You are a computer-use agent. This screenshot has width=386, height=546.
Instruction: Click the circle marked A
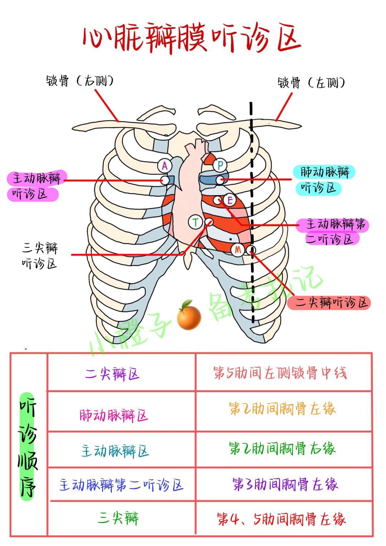coord(165,166)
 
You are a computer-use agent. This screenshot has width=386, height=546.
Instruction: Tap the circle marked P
coord(220,166)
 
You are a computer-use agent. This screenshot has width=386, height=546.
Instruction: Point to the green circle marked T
coord(196,222)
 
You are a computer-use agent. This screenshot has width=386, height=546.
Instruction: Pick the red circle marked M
coord(238,250)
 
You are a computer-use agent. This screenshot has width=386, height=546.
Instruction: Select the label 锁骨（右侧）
coord(80,81)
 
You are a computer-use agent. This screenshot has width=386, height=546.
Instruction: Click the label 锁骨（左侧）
coord(311,83)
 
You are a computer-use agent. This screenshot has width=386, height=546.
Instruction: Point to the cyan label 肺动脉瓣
coord(325,172)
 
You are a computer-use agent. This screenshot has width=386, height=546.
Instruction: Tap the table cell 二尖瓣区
coord(112,374)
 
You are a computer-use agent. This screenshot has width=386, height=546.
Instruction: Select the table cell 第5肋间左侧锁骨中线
coord(280,373)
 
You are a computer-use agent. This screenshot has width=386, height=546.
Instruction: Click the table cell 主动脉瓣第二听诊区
coord(121,484)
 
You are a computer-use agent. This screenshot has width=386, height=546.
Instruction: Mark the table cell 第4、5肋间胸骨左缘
coord(282,519)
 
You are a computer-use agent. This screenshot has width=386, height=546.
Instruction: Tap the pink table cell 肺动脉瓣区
coord(114,415)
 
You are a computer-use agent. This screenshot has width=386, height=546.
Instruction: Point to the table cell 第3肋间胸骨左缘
coord(285,484)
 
